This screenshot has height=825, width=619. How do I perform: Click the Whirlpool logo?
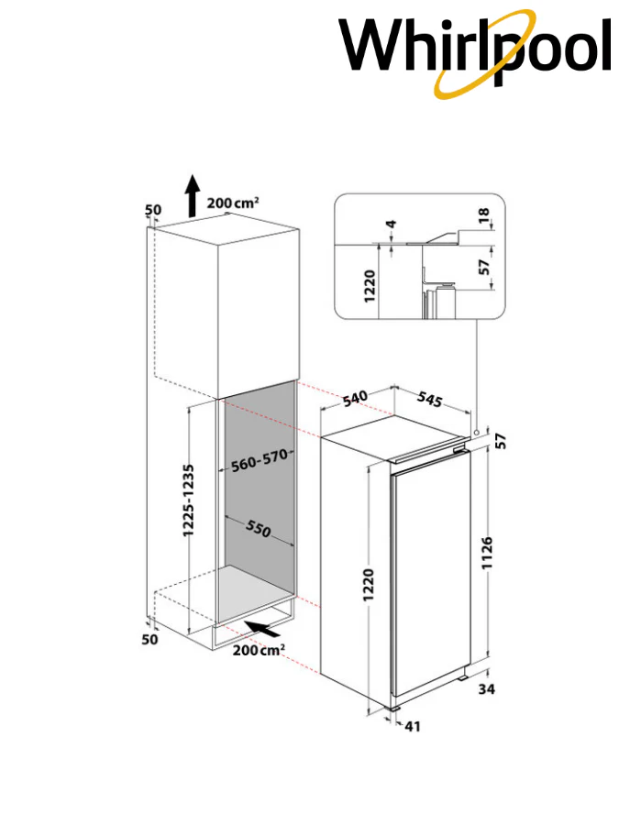(x=475, y=52)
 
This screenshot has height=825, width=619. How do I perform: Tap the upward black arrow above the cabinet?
(x=193, y=196)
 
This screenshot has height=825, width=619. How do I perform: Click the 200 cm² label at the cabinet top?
(x=233, y=203)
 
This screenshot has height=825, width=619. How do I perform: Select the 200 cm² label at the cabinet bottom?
(x=259, y=650)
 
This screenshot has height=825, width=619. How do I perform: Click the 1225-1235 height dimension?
(x=188, y=500)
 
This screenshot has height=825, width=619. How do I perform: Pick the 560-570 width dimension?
(x=260, y=460)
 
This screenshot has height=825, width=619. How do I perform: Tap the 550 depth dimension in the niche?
(x=259, y=528)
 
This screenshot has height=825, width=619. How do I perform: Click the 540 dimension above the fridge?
(x=355, y=399)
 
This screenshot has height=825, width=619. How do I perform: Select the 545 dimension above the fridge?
(x=429, y=400)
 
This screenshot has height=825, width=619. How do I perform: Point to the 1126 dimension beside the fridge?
(x=487, y=553)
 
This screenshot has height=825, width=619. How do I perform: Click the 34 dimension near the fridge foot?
(x=486, y=688)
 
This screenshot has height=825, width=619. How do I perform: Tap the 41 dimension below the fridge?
(x=412, y=726)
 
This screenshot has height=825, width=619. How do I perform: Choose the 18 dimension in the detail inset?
(x=483, y=215)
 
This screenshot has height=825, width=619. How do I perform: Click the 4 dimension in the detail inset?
(x=391, y=225)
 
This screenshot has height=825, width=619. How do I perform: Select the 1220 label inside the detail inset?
(x=370, y=286)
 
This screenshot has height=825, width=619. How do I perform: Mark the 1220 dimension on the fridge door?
(x=368, y=585)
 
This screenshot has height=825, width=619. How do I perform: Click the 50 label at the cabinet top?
(x=153, y=210)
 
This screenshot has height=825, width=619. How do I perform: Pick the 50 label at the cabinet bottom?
(x=149, y=639)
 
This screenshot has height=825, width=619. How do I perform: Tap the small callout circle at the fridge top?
(x=476, y=432)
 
